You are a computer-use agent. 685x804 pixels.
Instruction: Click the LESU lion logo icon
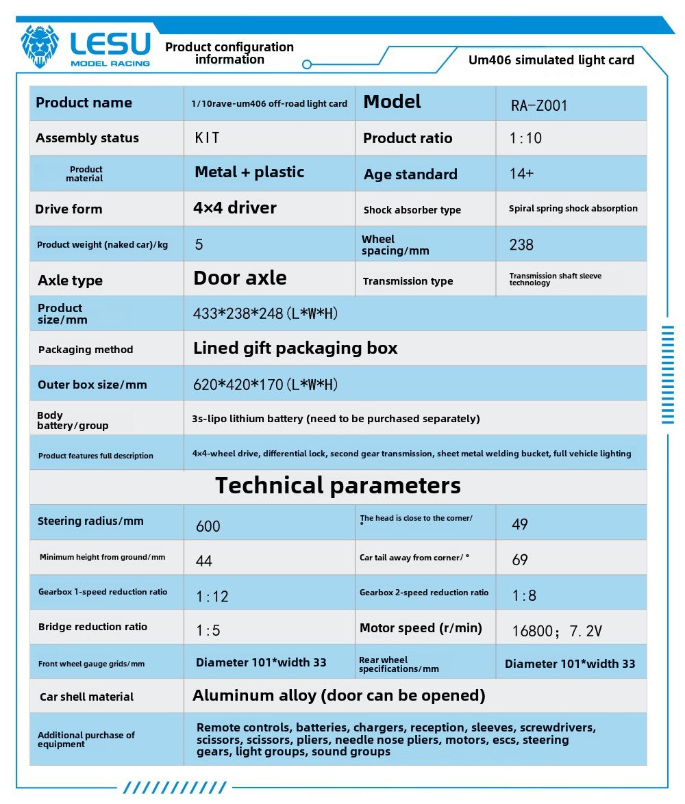pos(40,47)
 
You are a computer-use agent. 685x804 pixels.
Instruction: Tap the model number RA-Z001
pos(539,106)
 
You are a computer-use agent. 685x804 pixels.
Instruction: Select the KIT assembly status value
pos(208,138)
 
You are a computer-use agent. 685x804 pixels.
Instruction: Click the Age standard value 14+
pos(521,174)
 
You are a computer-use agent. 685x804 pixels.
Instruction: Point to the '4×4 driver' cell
pos(235,208)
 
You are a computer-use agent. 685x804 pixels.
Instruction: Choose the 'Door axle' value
pos(240,278)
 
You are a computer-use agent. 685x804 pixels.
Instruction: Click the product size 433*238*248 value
pos(266,313)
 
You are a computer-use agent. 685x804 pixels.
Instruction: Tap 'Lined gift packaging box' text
pos(295,348)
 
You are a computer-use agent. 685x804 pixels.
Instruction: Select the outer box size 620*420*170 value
pos(266,385)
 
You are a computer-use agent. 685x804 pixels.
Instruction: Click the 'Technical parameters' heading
pos(338,486)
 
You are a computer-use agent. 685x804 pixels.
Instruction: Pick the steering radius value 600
pos(208,526)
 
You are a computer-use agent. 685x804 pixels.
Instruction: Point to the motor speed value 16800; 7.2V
pos(557,631)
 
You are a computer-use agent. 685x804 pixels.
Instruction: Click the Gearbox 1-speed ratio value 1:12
pos(212,597)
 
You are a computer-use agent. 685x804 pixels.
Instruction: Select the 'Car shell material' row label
pos(86,697)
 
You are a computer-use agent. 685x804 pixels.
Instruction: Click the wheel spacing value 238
pos(521,245)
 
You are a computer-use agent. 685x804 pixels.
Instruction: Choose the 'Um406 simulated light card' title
pos(551,60)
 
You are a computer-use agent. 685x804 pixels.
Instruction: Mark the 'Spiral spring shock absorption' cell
pos(573,209)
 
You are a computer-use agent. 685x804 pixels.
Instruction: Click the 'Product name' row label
pos(84,103)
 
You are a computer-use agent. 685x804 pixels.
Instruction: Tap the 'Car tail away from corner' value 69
pos(520,560)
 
